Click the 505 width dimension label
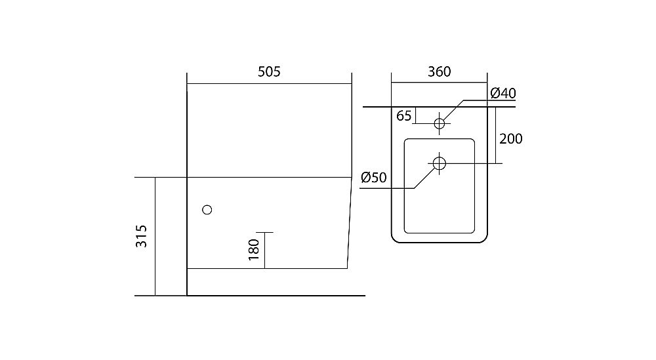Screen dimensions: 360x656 [x=269, y=72]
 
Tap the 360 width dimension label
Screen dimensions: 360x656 [x=439, y=72]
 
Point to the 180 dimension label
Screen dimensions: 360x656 [x=255, y=250]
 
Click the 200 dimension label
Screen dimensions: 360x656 [x=511, y=138]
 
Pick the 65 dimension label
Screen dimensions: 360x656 [x=404, y=116]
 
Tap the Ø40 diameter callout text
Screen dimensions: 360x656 [x=502, y=93]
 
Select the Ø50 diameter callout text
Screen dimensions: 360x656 [x=373, y=177]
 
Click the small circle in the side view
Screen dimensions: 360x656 [x=207, y=210]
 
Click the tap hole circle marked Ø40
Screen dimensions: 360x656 [x=440, y=123]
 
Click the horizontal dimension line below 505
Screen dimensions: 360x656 [x=269, y=83]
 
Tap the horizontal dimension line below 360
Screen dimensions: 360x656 [x=439, y=83]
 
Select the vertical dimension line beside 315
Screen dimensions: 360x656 [x=155, y=236]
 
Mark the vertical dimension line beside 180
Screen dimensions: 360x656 [x=264, y=250]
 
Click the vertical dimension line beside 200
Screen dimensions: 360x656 [x=495, y=135]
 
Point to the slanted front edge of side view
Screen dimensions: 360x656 [x=349, y=223]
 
